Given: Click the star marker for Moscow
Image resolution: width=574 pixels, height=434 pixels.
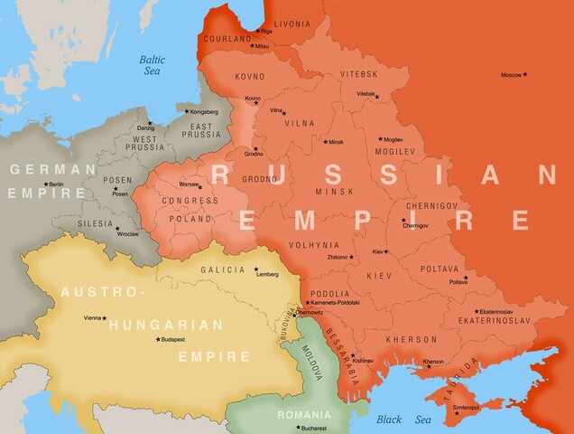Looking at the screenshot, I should click(525, 74).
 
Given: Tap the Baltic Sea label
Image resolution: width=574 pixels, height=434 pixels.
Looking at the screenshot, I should click(152, 66).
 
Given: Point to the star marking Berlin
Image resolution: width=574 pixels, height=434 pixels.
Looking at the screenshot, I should click(45, 184).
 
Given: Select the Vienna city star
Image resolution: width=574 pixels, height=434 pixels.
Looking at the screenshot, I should click(105, 318).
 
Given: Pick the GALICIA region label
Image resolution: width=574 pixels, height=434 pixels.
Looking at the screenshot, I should click(223, 269).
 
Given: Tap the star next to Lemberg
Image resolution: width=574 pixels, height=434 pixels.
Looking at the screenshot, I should click(256, 269).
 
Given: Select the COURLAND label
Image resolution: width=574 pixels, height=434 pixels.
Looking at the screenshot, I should click(227, 40).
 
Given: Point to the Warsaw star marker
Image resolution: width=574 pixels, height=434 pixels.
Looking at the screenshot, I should click(203, 184).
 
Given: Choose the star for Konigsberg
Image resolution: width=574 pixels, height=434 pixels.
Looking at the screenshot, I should click(187, 111).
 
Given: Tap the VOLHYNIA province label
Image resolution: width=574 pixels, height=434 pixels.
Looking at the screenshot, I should click(314, 245).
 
